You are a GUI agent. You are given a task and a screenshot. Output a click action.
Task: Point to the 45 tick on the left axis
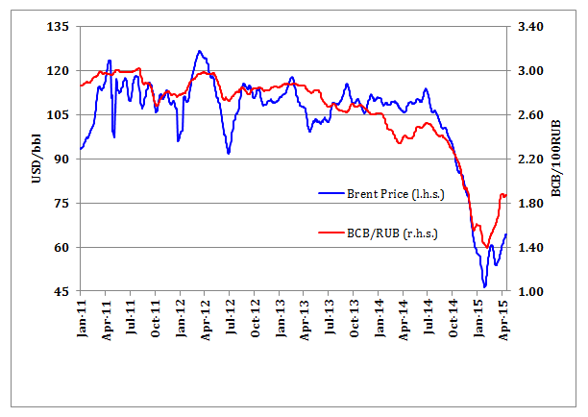[60, 292]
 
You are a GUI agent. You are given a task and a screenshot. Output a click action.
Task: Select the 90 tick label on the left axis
[60, 159]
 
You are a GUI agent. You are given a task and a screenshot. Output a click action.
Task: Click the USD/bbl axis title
[36, 159]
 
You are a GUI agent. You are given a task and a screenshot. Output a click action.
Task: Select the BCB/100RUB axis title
[557, 159]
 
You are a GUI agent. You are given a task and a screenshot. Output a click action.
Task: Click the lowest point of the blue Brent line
[485, 286]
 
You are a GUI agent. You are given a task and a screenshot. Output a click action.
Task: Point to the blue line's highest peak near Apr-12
[199, 51]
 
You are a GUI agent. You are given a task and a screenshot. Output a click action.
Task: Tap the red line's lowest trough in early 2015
[486, 245]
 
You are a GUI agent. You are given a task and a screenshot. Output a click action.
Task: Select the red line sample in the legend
[331, 233]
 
